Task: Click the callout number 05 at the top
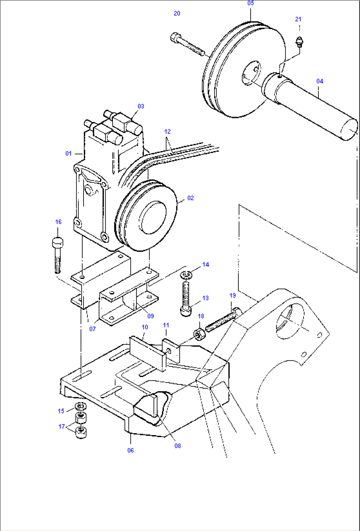coord(250,3)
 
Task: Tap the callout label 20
coord(177,14)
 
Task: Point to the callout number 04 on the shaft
coord(319,81)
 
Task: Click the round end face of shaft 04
coord(349,129)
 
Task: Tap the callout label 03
coord(141,106)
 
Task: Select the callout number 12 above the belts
coord(167,132)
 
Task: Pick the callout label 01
coord(68,154)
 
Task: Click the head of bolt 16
coord(58,243)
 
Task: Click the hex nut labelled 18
coord(199,335)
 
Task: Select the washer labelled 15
coord(80,405)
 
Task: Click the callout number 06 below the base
coord(130,450)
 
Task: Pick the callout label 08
coord(178,446)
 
